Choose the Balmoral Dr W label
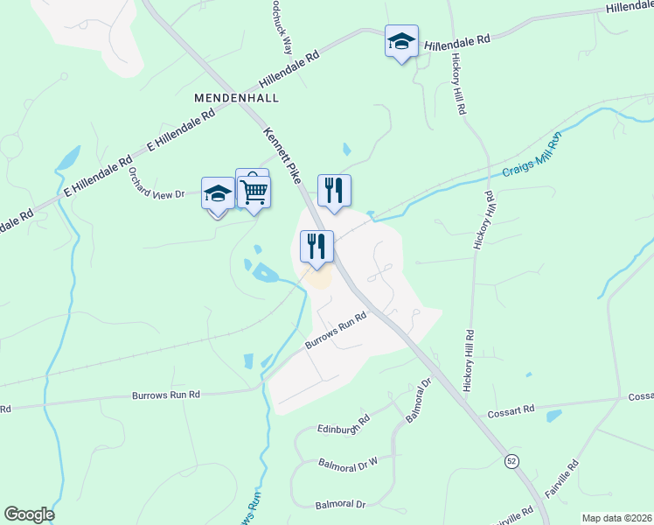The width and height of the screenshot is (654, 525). [x=347, y=461]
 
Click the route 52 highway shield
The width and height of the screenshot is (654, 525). [x=511, y=461]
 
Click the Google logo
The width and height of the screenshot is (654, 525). [x=29, y=514]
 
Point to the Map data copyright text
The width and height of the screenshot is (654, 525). [x=616, y=518]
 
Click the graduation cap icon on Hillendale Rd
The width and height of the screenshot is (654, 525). [x=401, y=42]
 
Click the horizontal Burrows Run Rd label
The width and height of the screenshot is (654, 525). [x=166, y=395]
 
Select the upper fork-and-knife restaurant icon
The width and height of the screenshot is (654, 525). [x=333, y=191]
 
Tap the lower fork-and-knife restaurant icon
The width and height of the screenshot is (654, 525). [x=317, y=246]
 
